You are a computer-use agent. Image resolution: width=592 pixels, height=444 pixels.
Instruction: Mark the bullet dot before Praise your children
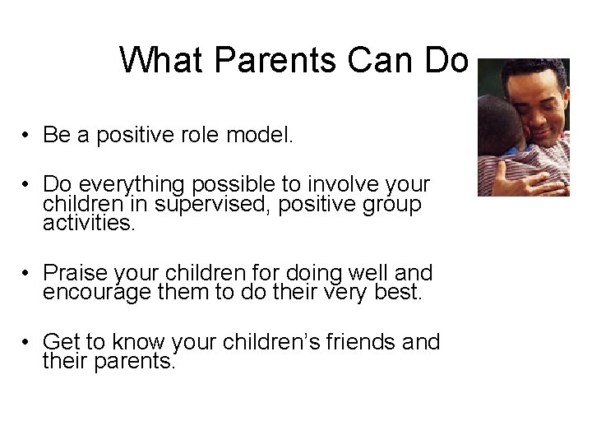pyautogui.click(x=27, y=272)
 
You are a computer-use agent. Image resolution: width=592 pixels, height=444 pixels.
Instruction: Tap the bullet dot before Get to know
pyautogui.click(x=27, y=342)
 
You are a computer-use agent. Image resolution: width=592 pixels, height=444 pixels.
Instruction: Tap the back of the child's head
pyautogui.click(x=497, y=123)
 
